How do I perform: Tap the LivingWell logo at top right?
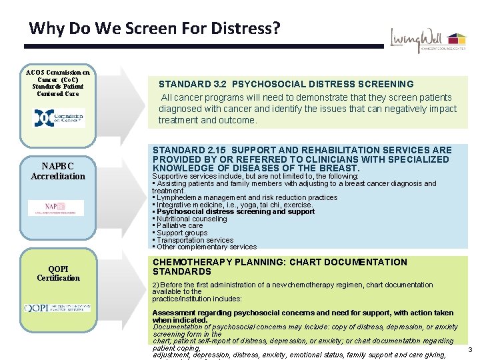coord(428,42)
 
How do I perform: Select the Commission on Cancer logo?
coord(59,117)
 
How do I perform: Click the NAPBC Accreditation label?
coord(58,171)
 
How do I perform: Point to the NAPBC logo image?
coord(56,207)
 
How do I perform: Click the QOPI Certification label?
coord(58,273)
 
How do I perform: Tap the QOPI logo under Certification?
coord(57,308)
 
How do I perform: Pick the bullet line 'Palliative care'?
coord(179,226)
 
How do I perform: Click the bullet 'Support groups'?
coord(181,233)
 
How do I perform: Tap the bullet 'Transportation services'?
coord(194,240)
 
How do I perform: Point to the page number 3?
coord(470,351)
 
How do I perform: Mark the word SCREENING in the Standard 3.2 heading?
coord(383,85)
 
